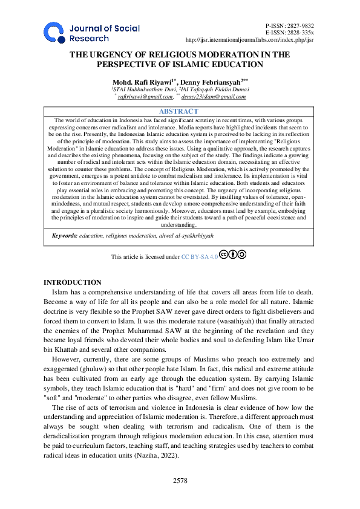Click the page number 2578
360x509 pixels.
click(x=179, y=480)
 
